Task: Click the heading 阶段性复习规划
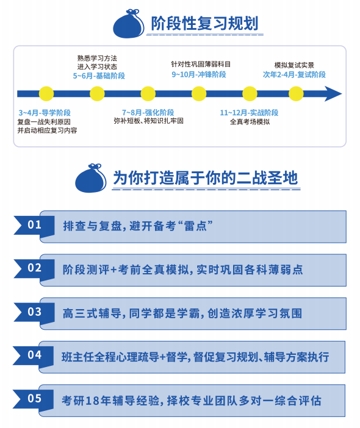tap(204, 23)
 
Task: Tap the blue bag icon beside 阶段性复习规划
tap(129, 24)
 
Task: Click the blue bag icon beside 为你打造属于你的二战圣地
tap(91, 178)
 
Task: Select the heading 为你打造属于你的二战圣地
tap(205, 177)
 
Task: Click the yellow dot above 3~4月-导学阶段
tap(46, 94)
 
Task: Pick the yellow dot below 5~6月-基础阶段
tap(97, 94)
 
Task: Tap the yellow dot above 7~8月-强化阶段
tap(148, 94)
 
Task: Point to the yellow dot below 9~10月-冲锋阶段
tap(199, 94)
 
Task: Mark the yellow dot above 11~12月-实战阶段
tap(250, 94)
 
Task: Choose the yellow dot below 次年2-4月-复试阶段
tap(296, 94)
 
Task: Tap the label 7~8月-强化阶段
tap(148, 112)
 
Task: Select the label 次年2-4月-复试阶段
tap(294, 74)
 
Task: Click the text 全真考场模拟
tap(250, 122)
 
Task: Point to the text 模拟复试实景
tap(294, 65)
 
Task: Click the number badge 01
tap(34, 224)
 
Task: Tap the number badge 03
tap(34, 312)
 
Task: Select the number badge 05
tap(34, 399)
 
